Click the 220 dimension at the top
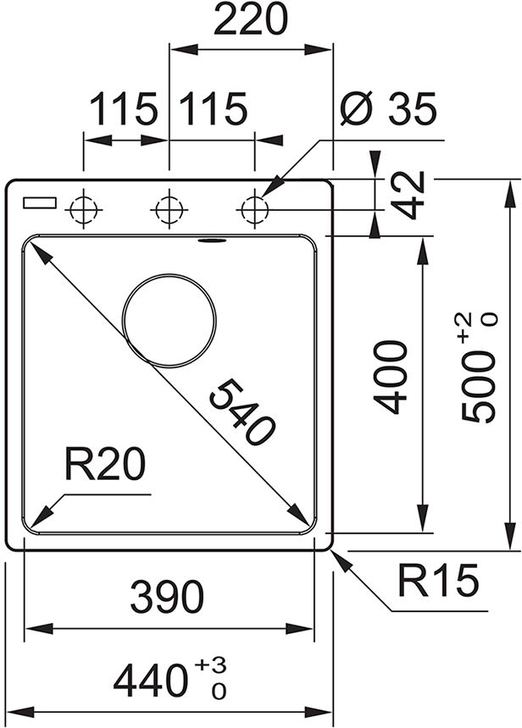point(250,21)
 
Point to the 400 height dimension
point(391,377)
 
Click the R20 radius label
point(103,466)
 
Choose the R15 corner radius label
point(438,582)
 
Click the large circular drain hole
point(169,320)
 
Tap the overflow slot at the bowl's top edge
point(211,241)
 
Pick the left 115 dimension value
point(125,109)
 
